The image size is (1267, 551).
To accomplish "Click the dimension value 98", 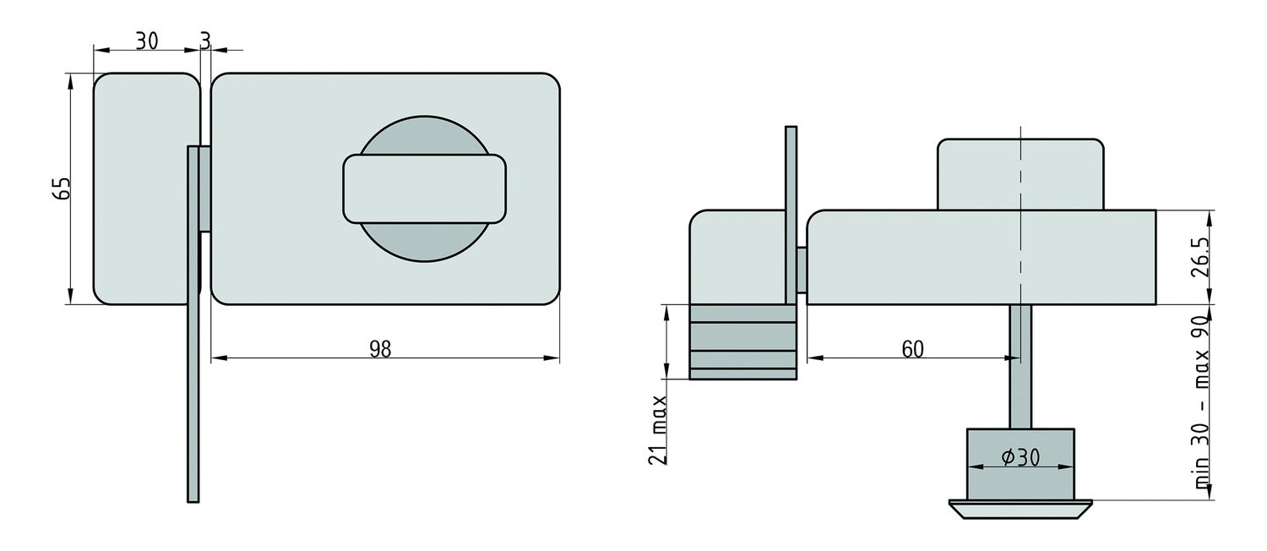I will tap(381, 348).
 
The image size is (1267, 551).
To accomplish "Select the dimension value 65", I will tap(60, 188).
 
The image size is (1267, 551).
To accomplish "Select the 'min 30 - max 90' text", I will tap(1202, 404).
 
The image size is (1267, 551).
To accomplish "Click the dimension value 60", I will tap(911, 348).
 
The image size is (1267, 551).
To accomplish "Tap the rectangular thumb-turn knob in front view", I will tap(424, 188).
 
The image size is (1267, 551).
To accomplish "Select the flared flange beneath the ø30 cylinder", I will tap(1020, 507).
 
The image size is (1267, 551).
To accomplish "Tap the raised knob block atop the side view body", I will tap(1020, 173).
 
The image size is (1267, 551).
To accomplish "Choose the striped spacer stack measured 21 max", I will tap(742, 341).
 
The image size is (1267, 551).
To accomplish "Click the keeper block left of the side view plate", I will tap(737, 256).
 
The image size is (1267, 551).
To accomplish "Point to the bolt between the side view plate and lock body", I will tap(802, 270).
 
